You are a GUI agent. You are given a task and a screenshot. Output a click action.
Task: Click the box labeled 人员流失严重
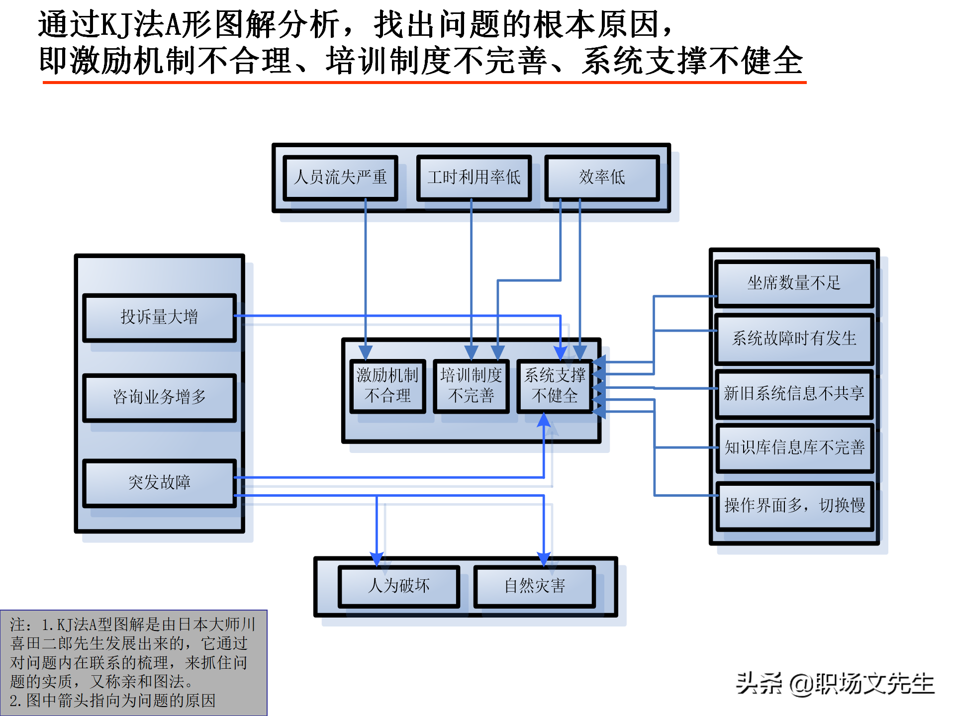click(x=340, y=178)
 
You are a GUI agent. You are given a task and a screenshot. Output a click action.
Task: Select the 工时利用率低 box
click(x=474, y=178)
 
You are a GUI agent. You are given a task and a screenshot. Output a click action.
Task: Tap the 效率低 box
click(x=602, y=178)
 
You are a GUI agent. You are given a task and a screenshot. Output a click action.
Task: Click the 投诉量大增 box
click(x=159, y=317)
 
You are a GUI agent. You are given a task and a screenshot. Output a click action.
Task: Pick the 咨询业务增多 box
click(x=159, y=397)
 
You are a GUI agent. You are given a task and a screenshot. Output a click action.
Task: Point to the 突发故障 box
click(x=159, y=482)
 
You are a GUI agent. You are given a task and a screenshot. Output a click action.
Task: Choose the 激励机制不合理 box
click(x=387, y=386)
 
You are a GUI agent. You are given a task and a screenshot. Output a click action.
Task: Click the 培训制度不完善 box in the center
click(x=471, y=386)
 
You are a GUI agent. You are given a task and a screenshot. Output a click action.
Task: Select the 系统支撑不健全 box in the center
click(x=555, y=386)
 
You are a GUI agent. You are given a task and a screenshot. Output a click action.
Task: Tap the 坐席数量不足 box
click(x=794, y=283)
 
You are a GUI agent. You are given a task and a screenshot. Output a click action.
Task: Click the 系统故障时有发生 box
click(x=794, y=339)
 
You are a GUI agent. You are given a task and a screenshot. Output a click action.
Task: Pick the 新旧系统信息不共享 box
click(x=794, y=394)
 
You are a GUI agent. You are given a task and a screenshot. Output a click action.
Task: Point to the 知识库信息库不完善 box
click(x=794, y=448)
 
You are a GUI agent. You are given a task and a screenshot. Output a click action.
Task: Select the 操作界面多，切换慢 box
click(x=794, y=506)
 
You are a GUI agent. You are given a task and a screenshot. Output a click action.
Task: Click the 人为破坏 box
click(x=398, y=586)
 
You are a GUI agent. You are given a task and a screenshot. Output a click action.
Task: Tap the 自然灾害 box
click(x=535, y=586)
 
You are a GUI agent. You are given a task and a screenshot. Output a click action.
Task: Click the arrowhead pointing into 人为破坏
click(x=377, y=559)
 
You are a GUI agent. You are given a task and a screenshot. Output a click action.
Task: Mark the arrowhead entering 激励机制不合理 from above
click(x=366, y=352)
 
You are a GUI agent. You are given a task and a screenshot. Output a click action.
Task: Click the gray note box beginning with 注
click(x=133, y=662)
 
